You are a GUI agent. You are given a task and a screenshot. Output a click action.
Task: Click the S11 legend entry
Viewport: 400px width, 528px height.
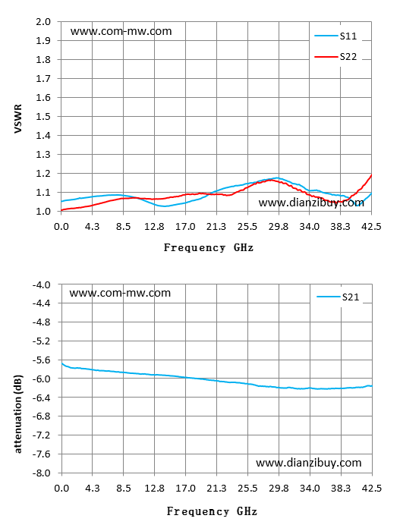335,36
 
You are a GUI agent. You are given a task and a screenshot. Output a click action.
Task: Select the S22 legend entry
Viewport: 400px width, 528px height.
335,57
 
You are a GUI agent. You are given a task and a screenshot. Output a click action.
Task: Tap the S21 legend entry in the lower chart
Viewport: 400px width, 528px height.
338,297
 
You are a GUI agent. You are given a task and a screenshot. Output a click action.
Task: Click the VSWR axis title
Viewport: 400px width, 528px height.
18,118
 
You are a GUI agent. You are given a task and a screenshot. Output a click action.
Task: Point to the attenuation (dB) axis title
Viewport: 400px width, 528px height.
18,414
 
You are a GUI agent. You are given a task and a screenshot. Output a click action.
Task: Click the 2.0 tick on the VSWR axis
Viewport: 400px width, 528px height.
43,22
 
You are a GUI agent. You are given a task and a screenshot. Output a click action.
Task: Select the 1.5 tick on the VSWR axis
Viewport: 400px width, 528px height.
43,117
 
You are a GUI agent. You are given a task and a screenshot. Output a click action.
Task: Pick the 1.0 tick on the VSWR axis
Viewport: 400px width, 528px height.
43,211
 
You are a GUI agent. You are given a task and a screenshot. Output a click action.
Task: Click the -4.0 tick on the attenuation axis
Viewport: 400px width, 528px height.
41,284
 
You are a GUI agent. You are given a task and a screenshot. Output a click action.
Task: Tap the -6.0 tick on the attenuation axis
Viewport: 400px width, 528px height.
41,379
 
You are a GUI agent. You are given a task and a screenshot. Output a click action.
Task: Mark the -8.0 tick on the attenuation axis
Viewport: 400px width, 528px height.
41,473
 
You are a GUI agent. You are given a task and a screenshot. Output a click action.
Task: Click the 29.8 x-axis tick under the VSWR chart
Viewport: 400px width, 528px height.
279,227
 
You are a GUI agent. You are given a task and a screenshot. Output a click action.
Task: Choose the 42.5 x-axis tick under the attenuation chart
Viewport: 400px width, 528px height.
372,489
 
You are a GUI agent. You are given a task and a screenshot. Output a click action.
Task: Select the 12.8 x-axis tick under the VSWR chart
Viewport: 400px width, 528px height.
154,227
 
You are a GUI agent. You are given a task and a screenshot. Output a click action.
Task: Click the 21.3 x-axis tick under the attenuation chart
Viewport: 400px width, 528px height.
216,489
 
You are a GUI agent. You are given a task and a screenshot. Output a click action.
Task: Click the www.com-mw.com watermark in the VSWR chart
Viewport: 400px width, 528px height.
121,31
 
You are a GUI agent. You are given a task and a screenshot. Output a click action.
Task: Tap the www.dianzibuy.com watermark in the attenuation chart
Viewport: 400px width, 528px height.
309,463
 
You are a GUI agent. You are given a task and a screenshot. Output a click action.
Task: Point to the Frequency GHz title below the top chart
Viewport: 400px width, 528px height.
209,248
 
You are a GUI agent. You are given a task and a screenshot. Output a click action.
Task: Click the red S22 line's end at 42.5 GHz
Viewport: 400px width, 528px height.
371,174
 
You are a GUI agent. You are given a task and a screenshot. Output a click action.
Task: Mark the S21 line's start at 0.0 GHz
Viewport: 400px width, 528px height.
62,363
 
